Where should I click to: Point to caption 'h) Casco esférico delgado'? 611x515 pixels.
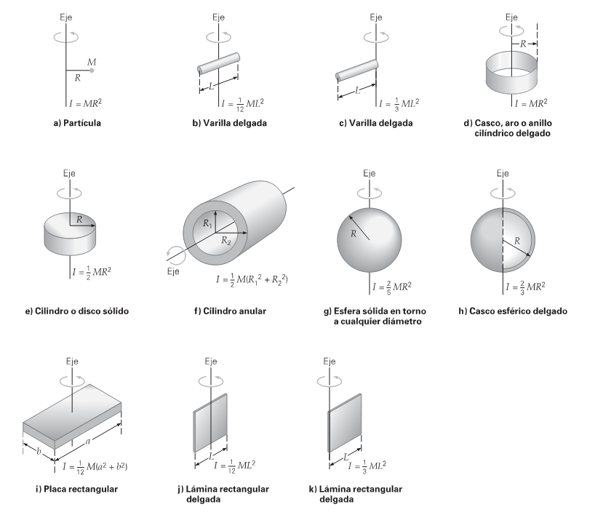click(521, 312)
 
